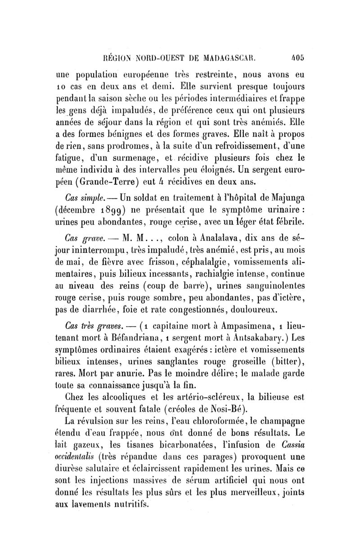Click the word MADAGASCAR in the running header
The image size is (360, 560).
(x=234, y=58)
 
